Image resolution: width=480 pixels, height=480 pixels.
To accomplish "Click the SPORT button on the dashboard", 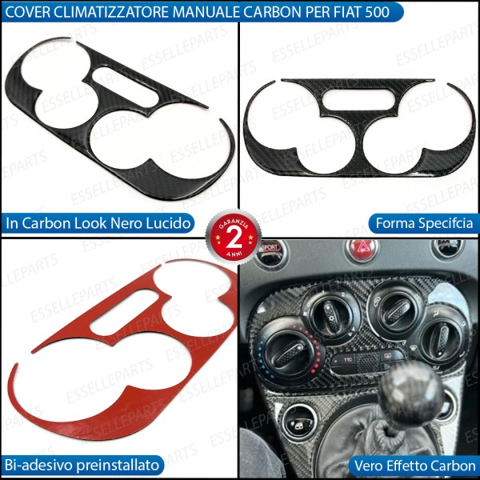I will click(x=269, y=248).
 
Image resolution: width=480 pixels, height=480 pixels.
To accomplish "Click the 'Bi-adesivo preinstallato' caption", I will click(x=82, y=464).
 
